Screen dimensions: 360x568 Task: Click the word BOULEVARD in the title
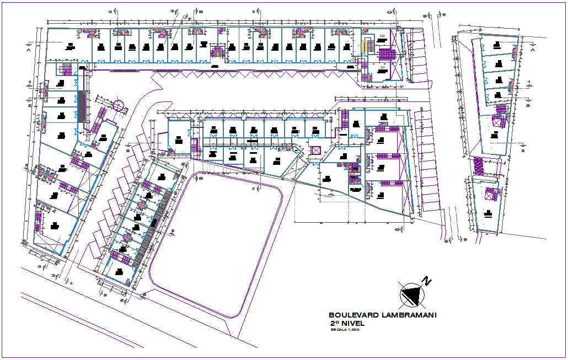349,315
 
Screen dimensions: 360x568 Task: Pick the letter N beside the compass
426,281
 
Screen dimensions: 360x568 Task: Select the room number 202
382,36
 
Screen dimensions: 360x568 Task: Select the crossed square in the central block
317,150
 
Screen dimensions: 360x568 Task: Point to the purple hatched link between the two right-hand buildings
478,166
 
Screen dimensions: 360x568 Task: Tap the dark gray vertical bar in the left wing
82,105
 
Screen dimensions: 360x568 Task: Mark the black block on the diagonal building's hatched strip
154,222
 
